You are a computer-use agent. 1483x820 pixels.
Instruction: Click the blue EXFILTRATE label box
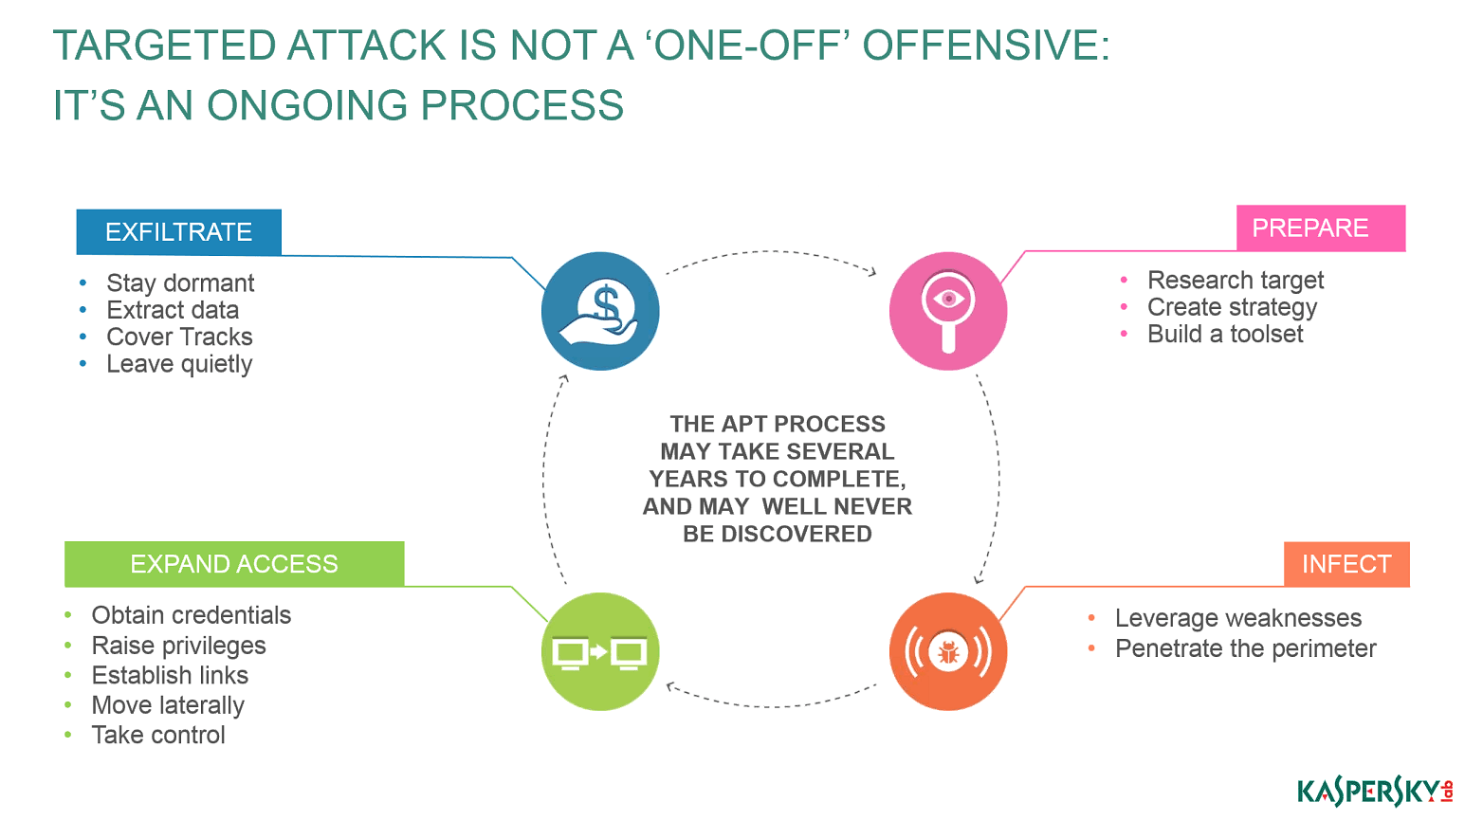(179, 232)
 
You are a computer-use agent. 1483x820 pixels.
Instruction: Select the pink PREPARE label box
(1321, 228)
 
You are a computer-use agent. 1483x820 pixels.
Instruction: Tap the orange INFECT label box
(1346, 564)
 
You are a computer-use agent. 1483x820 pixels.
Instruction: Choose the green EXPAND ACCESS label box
(234, 564)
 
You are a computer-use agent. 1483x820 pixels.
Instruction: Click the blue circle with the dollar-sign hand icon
(600, 311)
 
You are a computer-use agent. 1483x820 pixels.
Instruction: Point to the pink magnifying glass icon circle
(948, 311)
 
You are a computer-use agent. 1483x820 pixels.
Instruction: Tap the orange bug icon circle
(948, 652)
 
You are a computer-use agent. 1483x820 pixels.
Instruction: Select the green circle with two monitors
(600, 652)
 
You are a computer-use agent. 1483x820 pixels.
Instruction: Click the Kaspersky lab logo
(1374, 792)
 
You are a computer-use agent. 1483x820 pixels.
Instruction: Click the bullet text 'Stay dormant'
(180, 283)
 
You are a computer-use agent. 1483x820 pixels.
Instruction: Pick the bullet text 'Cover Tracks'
(179, 337)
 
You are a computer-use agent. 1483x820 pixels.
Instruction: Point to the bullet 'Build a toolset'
(1225, 335)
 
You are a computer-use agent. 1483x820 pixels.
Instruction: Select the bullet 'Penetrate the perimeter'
(1245, 648)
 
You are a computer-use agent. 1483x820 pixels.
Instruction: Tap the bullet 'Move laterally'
(168, 705)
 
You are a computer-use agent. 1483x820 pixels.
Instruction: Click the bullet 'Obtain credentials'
(192, 615)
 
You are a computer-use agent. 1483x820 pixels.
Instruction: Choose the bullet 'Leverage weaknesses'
(1238, 618)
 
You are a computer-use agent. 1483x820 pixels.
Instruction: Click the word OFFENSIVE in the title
(986, 45)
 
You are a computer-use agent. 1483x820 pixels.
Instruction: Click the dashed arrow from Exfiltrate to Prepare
(771, 251)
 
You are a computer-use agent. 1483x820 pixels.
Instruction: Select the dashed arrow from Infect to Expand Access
(771, 707)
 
